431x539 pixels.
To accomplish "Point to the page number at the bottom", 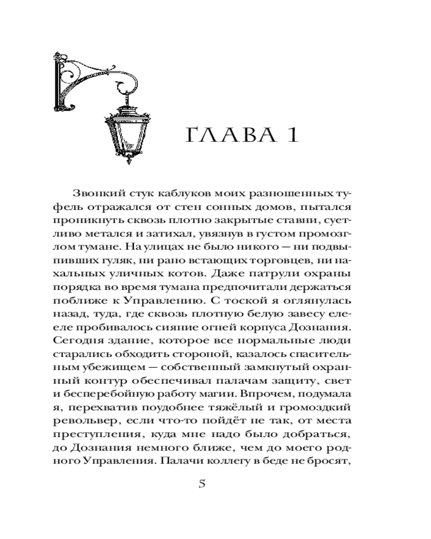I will click(x=203, y=483).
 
